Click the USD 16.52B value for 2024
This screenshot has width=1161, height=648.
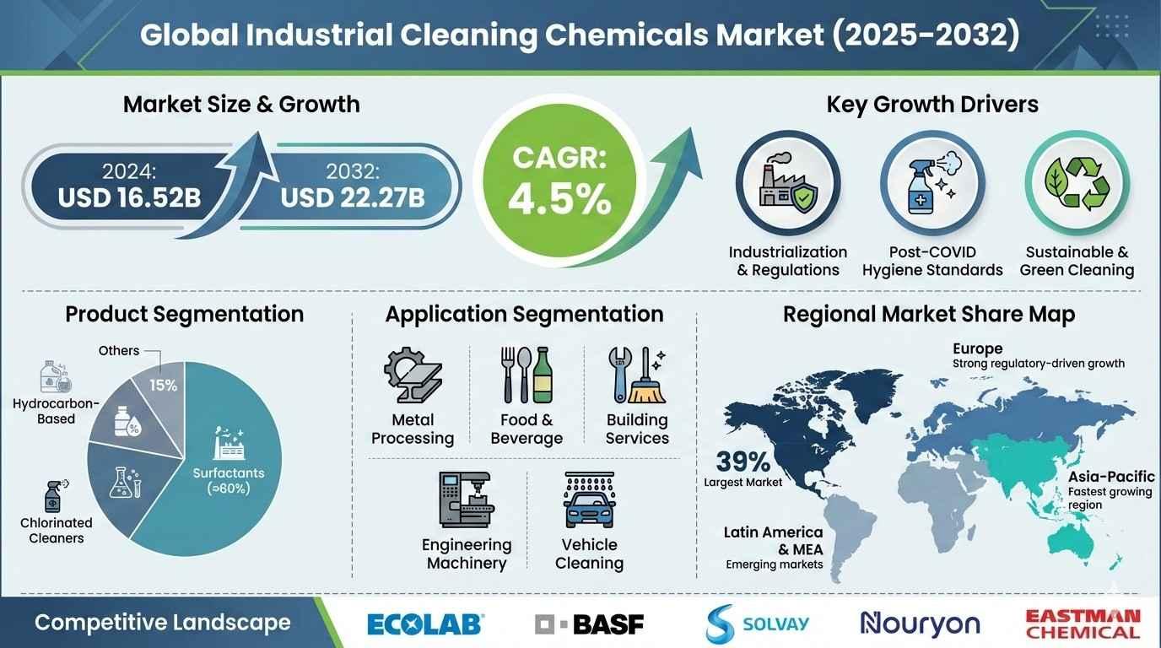point(129,197)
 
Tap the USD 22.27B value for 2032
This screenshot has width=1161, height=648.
point(353,197)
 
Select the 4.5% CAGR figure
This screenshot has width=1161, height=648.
point(559,200)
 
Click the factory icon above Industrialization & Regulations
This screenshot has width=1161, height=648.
point(788,182)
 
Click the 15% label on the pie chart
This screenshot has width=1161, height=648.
point(164,385)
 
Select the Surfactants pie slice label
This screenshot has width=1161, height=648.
point(229,481)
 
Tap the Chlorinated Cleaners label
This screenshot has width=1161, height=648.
point(56,531)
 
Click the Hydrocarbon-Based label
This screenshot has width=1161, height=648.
point(56,411)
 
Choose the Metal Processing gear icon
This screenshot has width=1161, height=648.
point(413,375)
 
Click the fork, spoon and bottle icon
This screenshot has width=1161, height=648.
point(526,375)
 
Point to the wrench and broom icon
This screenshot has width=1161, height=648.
point(637,375)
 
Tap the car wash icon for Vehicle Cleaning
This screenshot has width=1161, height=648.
point(589,499)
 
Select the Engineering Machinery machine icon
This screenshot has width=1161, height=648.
point(466,499)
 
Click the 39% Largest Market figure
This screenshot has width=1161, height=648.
point(743,468)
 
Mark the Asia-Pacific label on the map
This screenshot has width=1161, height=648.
point(1111,477)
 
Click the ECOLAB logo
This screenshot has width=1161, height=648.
point(425,624)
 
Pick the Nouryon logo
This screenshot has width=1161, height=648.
point(920,624)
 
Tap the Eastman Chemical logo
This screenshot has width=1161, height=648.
point(1083,624)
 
